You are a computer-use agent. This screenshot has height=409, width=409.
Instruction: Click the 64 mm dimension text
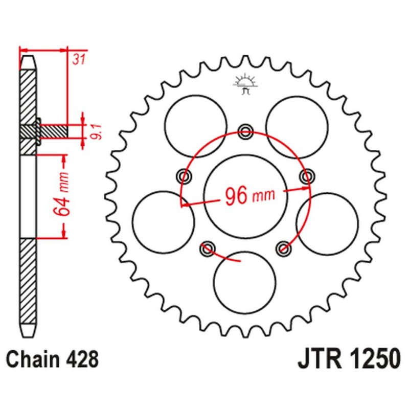click(x=63, y=196)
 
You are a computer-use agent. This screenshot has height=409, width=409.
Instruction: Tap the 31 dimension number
click(x=78, y=60)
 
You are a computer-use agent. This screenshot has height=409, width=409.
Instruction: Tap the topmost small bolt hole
click(x=245, y=131)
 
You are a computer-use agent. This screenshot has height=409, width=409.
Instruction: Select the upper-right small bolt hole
click(x=307, y=177)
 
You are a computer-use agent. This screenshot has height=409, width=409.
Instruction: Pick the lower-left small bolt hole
click(x=207, y=248)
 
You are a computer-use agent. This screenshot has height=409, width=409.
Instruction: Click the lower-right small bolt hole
click(x=283, y=248)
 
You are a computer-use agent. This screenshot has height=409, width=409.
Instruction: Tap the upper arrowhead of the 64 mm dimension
click(x=63, y=161)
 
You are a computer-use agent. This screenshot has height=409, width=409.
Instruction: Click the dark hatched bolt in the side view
click(x=54, y=131)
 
